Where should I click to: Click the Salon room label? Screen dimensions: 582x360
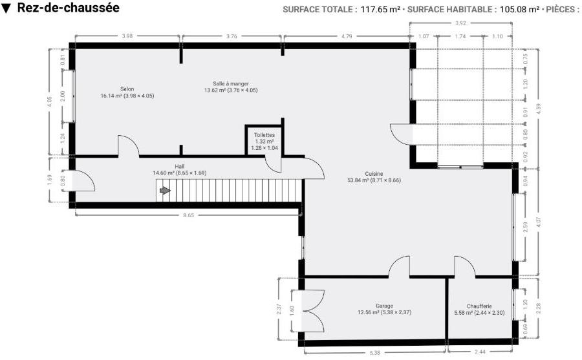click(127, 89)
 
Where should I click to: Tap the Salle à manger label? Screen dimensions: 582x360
click(230, 84)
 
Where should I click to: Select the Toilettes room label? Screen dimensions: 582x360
click(264, 135)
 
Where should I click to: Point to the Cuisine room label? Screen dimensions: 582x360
click(374, 174)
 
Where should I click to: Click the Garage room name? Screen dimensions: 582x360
click(384, 306)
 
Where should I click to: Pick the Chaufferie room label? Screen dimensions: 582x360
click(479, 306)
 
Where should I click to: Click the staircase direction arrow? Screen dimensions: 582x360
click(165, 191)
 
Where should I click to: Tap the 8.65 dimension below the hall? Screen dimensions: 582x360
click(189, 215)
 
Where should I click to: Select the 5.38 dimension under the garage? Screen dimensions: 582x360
click(375, 353)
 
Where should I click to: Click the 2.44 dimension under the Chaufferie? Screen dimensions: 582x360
click(480, 352)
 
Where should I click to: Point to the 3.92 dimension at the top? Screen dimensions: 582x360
click(460, 23)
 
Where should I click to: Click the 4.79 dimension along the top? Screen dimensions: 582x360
click(347, 36)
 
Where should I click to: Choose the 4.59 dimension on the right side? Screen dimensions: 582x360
click(539, 109)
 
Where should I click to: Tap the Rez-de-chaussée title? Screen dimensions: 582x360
click(69, 8)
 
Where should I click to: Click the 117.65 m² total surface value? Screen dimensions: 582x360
click(380, 9)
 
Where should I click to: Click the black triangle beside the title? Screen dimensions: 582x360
click(6, 8)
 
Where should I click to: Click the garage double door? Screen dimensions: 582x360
click(308, 311)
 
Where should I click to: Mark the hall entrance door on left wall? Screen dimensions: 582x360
click(82, 181)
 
